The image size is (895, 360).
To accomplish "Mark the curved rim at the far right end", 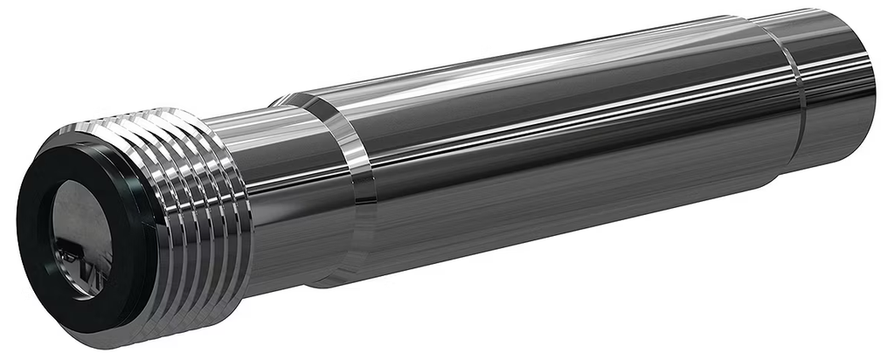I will (870, 79).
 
